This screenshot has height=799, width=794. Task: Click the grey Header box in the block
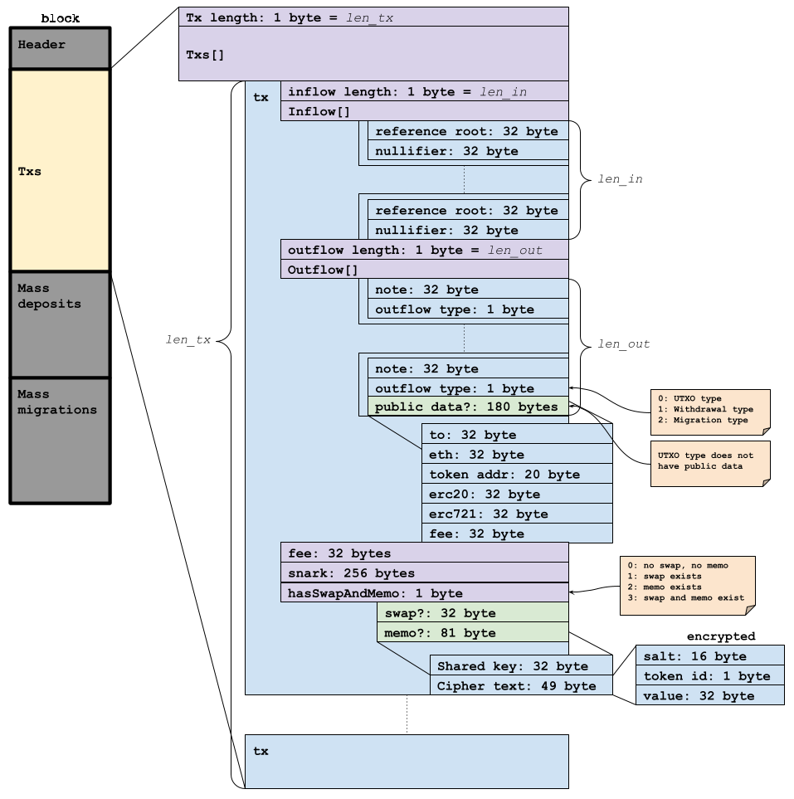coord(60,48)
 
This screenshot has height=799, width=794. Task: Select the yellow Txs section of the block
coord(60,170)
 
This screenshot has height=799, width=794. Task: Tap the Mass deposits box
coord(60,324)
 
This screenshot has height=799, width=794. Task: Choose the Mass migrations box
coord(60,440)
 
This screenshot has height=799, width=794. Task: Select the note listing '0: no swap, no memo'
coord(687,585)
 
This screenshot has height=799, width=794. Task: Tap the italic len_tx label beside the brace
coord(188,339)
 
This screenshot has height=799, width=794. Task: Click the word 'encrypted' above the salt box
coord(720,636)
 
